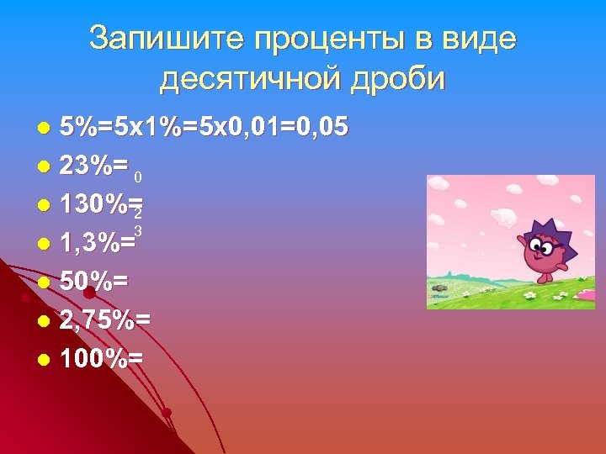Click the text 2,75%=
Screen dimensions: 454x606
pos(105,320)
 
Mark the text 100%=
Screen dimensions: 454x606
pos(101,359)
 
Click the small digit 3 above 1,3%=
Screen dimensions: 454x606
pos(137,230)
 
